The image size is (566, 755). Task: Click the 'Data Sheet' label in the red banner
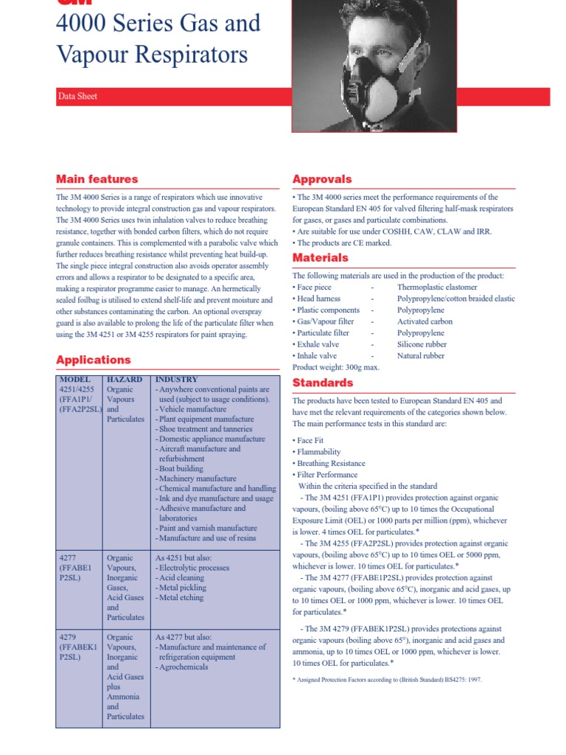click(x=77, y=97)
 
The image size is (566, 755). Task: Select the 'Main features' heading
click(x=97, y=179)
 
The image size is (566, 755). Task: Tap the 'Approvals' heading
click(x=322, y=179)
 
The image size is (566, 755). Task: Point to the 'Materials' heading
click(x=321, y=257)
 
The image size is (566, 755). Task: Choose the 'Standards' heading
click(x=323, y=383)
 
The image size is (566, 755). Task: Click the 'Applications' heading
click(x=94, y=360)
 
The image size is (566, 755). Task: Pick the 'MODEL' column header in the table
click(x=74, y=379)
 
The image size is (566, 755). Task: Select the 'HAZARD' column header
click(x=125, y=379)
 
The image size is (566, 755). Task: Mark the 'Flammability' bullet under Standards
click(x=319, y=452)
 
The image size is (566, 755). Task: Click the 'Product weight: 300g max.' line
click(x=336, y=366)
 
